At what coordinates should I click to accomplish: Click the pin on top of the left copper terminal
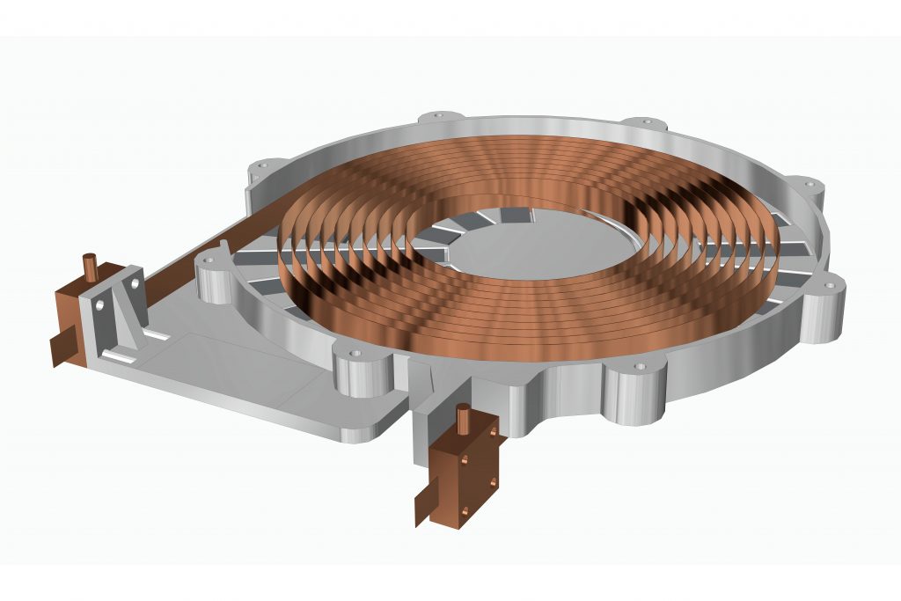(x=89, y=265)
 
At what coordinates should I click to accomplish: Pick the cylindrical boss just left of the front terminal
(x=361, y=370)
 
